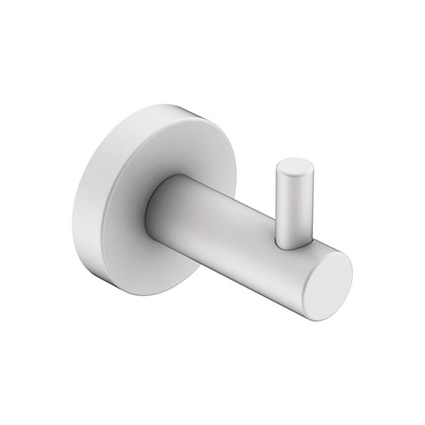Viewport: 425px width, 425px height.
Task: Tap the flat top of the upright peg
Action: pyautogui.click(x=292, y=168)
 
